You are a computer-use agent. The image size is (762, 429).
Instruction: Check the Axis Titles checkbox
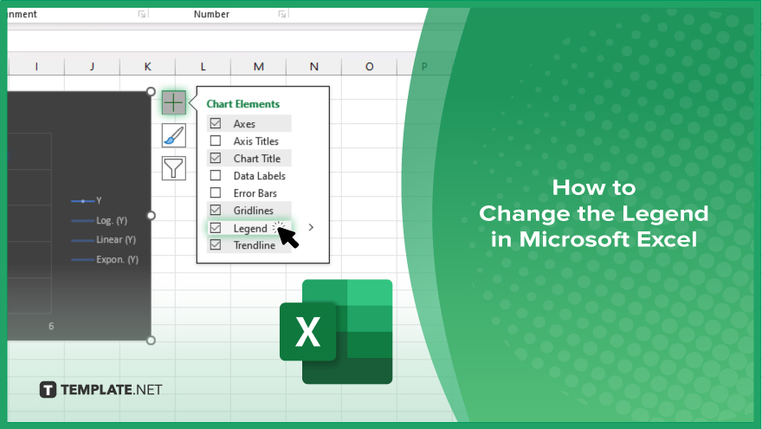(x=216, y=140)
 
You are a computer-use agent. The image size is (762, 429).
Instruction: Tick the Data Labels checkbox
(x=216, y=175)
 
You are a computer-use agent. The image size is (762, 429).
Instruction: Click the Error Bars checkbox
(x=216, y=192)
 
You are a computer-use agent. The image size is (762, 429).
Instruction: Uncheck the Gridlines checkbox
(x=216, y=210)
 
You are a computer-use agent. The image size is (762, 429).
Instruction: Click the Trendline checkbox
(x=216, y=244)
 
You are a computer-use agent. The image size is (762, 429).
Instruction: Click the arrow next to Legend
(x=311, y=227)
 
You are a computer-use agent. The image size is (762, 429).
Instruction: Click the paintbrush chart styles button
(x=173, y=135)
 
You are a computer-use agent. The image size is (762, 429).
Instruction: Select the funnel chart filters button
(x=173, y=168)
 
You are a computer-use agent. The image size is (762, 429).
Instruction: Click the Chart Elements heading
(x=243, y=104)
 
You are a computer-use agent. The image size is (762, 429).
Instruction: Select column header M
(x=259, y=67)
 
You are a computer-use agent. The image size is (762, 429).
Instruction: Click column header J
(x=92, y=67)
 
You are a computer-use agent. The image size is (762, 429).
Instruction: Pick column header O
(x=370, y=67)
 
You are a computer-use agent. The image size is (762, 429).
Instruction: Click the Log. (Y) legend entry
(x=100, y=220)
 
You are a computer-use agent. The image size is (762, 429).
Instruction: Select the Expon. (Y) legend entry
(x=105, y=260)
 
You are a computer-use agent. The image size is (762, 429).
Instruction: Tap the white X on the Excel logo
(x=307, y=332)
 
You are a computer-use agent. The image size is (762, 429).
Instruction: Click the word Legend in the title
(x=664, y=213)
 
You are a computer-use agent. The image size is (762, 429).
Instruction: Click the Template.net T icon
(x=48, y=390)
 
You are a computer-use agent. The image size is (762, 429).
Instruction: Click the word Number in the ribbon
(x=211, y=14)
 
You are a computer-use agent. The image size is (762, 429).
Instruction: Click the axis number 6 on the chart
(x=51, y=327)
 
